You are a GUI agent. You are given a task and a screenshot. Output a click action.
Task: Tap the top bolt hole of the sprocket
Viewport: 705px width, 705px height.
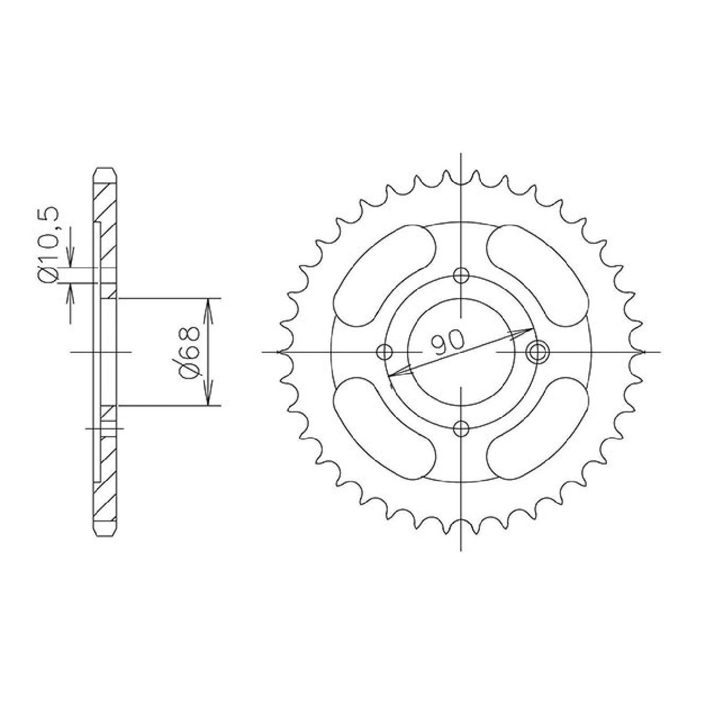[461, 275]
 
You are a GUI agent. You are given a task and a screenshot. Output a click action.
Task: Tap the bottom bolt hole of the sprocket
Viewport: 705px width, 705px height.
[461, 429]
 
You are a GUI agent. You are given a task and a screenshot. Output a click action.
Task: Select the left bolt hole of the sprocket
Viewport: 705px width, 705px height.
[384, 352]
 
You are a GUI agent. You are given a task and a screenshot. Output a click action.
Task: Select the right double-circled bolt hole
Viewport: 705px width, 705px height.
[538, 351]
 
